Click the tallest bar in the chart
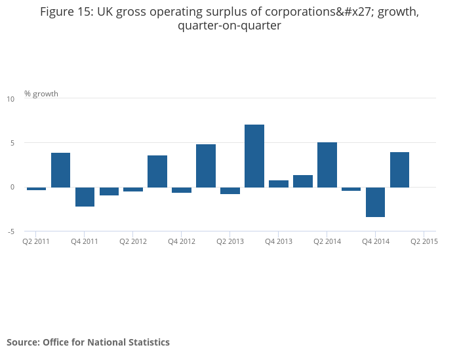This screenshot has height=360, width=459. pyautogui.click(x=254, y=155)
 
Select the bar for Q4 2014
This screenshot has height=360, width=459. pyautogui.click(x=375, y=202)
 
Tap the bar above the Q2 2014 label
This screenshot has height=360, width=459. pyautogui.click(x=327, y=165)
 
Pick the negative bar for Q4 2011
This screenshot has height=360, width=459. pyautogui.click(x=85, y=197)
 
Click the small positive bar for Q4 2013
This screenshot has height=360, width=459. pyautogui.click(x=279, y=184)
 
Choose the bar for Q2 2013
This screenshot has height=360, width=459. pyautogui.click(x=230, y=191)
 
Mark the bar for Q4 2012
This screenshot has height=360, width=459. pyautogui.click(x=182, y=190)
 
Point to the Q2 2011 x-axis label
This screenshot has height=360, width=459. pyautogui.click(x=36, y=241)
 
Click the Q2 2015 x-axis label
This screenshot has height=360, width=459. pyautogui.click(x=424, y=241)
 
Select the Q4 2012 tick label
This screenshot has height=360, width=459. pyautogui.click(x=182, y=241)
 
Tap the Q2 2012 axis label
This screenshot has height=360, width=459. pyautogui.click(x=133, y=241)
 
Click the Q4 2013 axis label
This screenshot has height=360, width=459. pyautogui.click(x=279, y=241)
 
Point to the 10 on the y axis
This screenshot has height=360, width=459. pyautogui.click(x=10, y=99)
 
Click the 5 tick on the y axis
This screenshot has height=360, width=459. pyautogui.click(x=10, y=143)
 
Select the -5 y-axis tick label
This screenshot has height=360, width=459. pyautogui.click(x=10, y=231)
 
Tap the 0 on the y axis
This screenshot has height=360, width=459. pyautogui.click(x=10, y=187)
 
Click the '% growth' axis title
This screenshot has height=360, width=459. pyautogui.click(x=41, y=94)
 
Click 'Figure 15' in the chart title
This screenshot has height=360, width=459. pyautogui.click(x=67, y=12)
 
